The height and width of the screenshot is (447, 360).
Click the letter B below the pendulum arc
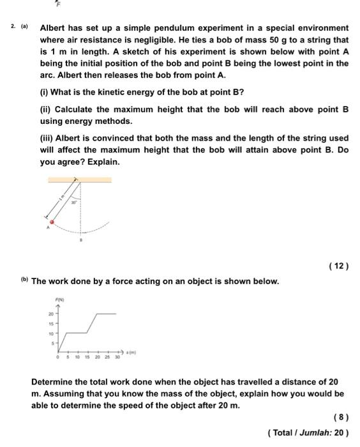coord(80,241)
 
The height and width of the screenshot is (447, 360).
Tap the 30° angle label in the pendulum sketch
coord(74,202)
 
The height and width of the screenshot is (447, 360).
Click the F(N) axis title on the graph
coord(60,299)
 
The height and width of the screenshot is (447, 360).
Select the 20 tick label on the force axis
coord(50,314)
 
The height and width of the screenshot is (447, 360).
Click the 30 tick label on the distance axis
coord(117,358)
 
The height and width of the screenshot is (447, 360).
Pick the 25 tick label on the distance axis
coord(107,358)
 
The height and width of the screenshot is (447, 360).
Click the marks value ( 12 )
coord(338,265)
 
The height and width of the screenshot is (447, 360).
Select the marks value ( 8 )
coord(341,418)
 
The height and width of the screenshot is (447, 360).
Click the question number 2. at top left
coord(13,27)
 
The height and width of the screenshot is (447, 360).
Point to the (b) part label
coord(24,280)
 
